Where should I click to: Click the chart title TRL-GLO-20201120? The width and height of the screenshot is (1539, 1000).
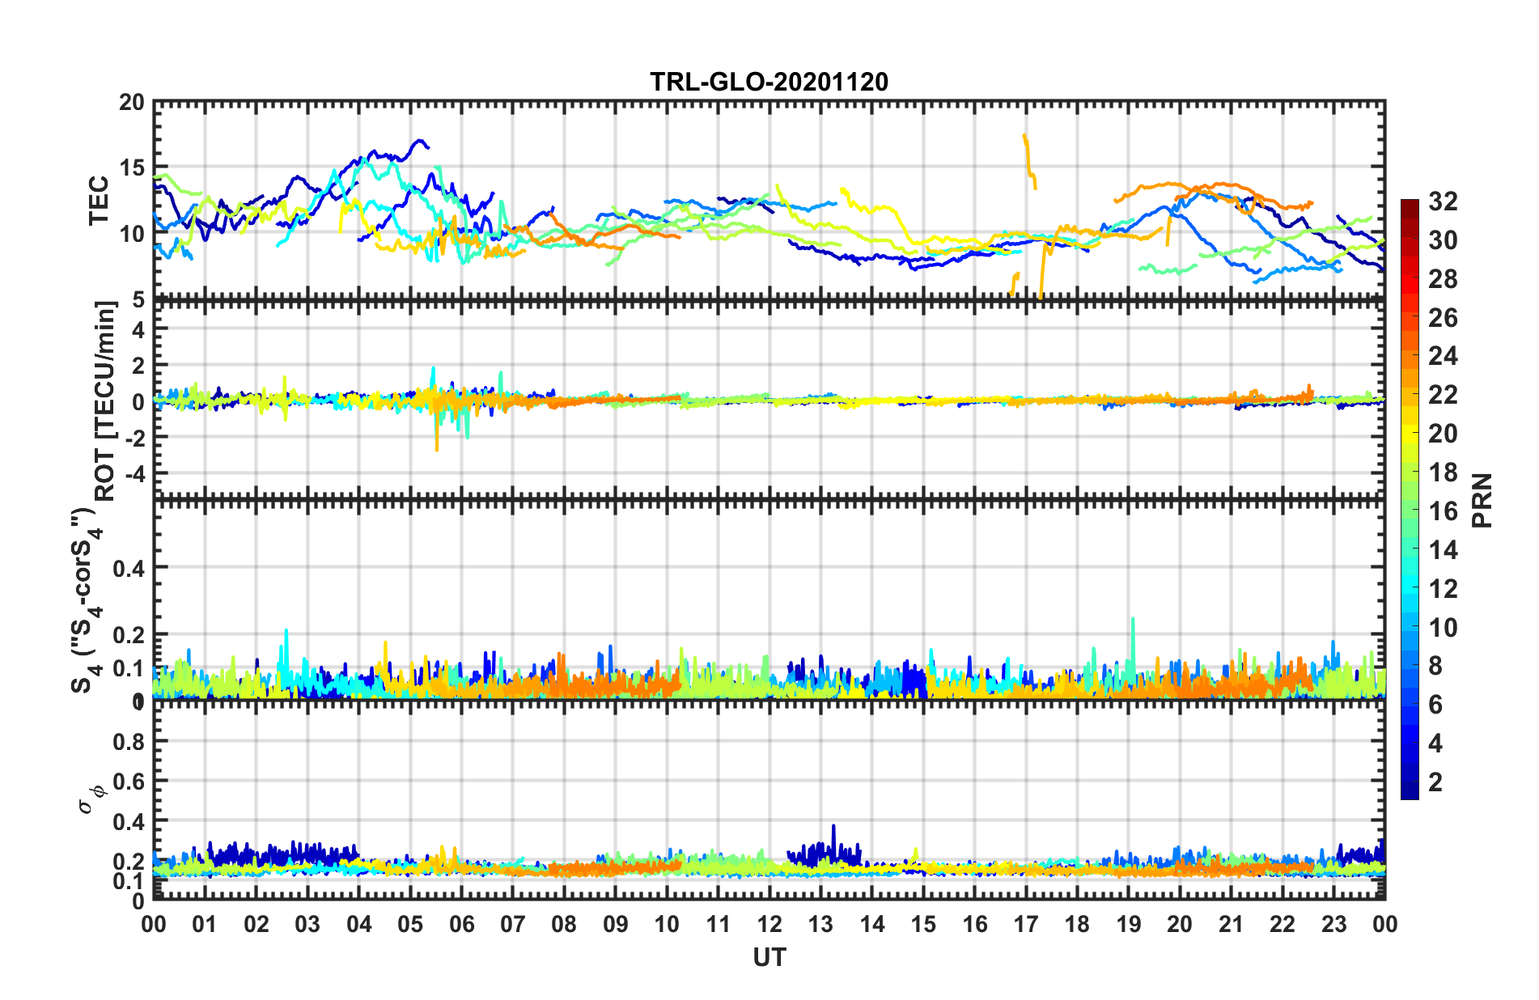769,82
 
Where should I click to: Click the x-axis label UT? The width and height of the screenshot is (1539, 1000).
769,958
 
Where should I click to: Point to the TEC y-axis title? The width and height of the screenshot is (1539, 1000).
99,201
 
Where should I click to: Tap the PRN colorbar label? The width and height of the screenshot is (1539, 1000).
1482,500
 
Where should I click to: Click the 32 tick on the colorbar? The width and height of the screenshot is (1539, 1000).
1443,201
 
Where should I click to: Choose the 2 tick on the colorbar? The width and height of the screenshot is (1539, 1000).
1435,782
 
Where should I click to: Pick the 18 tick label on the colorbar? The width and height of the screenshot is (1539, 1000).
1443,472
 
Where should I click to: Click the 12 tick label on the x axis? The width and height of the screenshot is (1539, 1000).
769,924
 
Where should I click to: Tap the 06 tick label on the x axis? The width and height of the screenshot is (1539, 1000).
462,924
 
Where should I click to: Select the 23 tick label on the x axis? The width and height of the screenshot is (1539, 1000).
1333,924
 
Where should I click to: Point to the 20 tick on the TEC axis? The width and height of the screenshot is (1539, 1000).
131,103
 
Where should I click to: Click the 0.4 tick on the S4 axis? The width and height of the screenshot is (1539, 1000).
129,568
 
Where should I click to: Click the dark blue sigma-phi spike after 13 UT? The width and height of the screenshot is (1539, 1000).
833,828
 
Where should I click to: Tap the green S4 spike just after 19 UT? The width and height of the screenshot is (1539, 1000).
1133,621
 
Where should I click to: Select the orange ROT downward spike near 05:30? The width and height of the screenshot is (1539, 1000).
437,447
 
